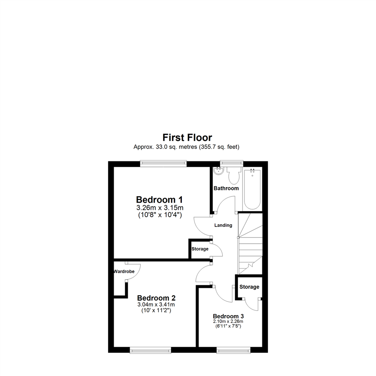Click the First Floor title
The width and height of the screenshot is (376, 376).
(x=187, y=137)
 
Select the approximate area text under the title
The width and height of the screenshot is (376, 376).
(x=186, y=147)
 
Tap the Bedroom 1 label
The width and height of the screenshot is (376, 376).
(x=159, y=200)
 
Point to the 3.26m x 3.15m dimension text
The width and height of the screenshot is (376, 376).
(x=160, y=208)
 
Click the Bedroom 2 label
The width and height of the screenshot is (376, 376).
(x=156, y=298)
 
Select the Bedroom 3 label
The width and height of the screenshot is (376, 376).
(x=228, y=316)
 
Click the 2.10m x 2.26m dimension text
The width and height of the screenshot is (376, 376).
(x=228, y=321)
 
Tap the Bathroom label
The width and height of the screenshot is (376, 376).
(x=226, y=188)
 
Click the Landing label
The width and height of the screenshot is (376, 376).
(x=223, y=225)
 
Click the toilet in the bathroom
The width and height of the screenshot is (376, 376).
(x=233, y=176)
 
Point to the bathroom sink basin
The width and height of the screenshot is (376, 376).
(x=218, y=171)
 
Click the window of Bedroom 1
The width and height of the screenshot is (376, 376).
(x=163, y=164)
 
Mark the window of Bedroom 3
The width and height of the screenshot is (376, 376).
(x=233, y=350)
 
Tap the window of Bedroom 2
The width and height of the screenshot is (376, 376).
(x=150, y=350)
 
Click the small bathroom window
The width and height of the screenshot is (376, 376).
(x=232, y=163)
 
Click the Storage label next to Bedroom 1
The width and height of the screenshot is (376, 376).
(x=200, y=249)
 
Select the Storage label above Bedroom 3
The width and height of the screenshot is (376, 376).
(x=249, y=287)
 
